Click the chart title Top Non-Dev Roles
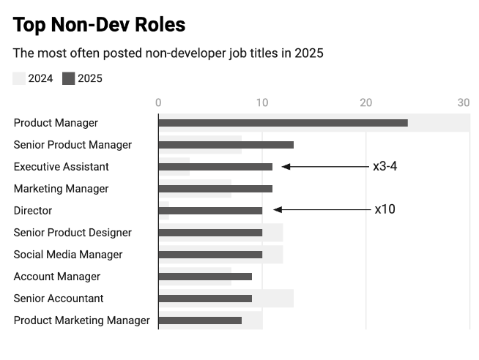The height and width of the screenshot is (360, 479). [99, 25]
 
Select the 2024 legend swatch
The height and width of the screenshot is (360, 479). [19, 79]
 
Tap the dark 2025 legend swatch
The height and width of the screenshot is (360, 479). [69, 79]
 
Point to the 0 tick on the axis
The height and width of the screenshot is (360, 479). [158, 102]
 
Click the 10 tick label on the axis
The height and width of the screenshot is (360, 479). [262, 102]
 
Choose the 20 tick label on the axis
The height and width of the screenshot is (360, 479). [366, 102]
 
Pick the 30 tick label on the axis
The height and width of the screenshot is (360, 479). [463, 102]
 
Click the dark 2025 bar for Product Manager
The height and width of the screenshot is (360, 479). [283, 123]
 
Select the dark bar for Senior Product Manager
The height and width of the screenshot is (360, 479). [226, 145]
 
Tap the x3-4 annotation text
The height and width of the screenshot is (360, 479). [385, 166]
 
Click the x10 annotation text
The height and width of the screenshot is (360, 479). [385, 209]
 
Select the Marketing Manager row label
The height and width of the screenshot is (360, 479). [61, 189]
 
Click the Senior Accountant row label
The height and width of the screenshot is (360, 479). [59, 299]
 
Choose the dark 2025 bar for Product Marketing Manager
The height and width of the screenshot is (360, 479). [200, 320]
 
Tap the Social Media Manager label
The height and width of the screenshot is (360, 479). [68, 255]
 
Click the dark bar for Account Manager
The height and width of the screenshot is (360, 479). [205, 277]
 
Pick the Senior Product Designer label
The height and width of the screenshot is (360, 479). [73, 233]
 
